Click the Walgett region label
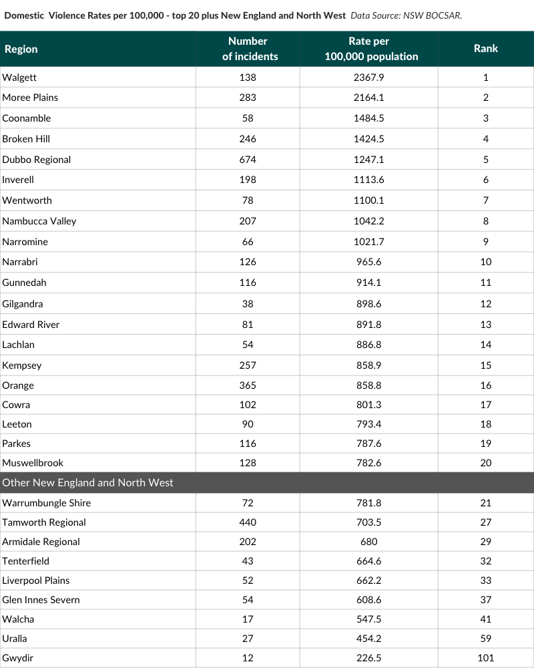click(x=19, y=77)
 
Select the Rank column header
click(x=485, y=48)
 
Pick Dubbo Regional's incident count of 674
click(x=248, y=160)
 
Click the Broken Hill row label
click(x=26, y=139)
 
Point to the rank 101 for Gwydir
click(x=485, y=658)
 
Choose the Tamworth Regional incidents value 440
click(x=248, y=522)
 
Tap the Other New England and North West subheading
click(x=87, y=482)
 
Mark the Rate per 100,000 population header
click(x=371, y=49)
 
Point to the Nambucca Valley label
click(x=39, y=221)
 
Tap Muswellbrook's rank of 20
click(x=485, y=463)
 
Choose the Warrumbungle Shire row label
click(x=47, y=503)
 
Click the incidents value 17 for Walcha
click(x=248, y=619)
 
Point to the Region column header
click(x=21, y=49)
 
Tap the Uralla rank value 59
click(x=485, y=639)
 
